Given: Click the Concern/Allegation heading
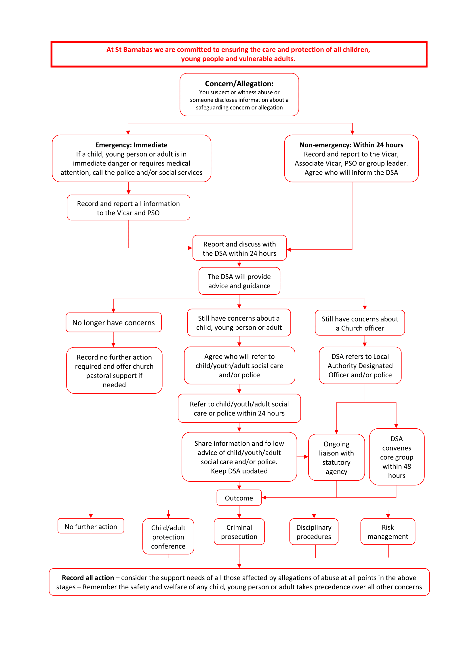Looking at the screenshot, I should tap(239, 84).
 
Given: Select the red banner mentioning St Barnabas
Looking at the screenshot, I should tap(238, 54).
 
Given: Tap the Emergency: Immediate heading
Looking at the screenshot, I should tap(131, 145).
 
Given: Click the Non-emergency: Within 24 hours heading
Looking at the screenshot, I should tap(351, 145).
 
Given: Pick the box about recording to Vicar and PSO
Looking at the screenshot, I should tap(128, 208).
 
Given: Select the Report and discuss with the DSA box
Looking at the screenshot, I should tap(239, 248).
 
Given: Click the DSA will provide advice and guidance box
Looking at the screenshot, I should tap(239, 281).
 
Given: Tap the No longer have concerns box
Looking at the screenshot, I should tap(113, 322).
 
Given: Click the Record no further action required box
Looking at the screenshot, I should tap(114, 370).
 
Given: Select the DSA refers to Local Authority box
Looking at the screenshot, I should tap(360, 365).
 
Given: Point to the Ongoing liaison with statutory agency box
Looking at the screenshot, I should tap(336, 457).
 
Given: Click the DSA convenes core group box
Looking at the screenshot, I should tap(396, 457).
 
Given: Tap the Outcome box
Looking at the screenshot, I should tap(239, 498).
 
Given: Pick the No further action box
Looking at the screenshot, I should tap(91, 526).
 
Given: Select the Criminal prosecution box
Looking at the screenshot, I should tap(239, 532).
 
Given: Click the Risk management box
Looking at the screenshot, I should tap(387, 532).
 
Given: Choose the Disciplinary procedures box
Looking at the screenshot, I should tap(314, 532).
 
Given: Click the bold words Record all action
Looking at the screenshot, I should tap(88, 577).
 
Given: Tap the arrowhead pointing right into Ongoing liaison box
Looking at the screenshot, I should tap(306, 457).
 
